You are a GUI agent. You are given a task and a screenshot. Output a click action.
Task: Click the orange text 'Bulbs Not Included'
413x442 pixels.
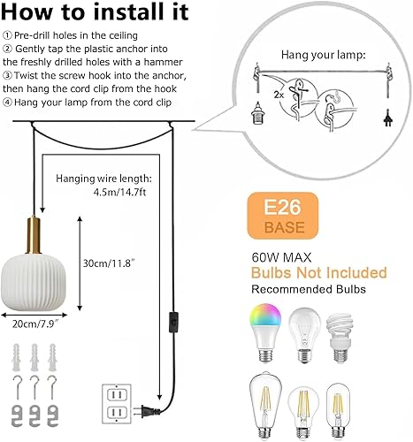pyautogui.click(x=319, y=271)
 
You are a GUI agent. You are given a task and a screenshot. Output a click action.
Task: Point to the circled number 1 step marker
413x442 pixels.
pyautogui.click(x=6, y=36)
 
